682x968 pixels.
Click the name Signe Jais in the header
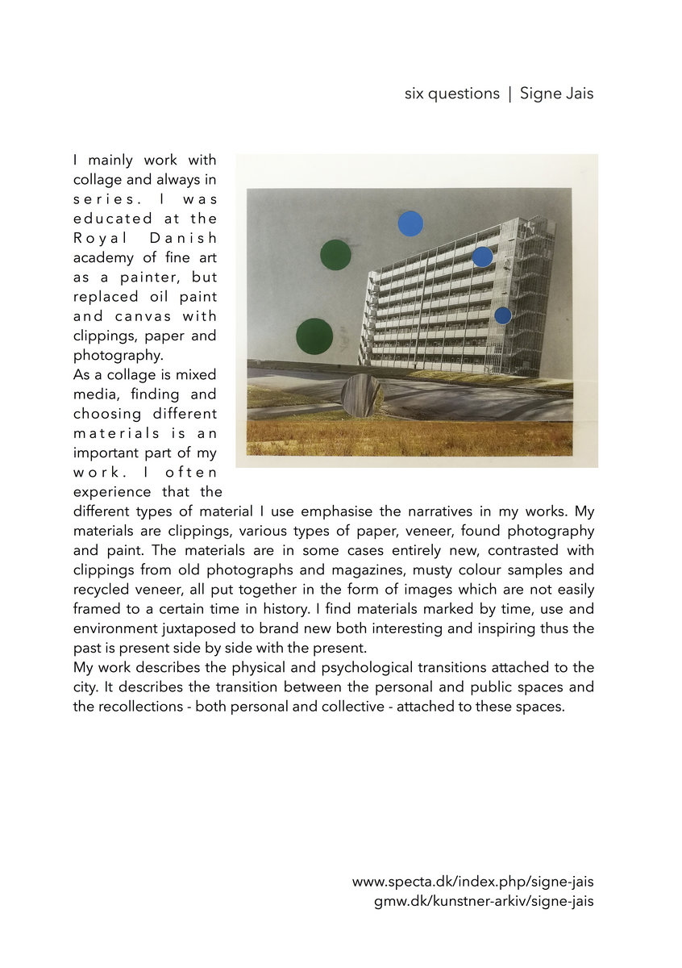point(556,94)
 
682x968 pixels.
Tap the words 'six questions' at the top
point(451,94)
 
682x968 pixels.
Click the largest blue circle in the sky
point(410,223)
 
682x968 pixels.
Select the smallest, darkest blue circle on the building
point(502,315)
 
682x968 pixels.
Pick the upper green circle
point(335,255)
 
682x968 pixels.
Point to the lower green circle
point(314,336)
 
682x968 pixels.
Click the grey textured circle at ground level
point(362,395)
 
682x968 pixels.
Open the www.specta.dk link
point(472,882)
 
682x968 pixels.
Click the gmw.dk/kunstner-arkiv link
point(484,901)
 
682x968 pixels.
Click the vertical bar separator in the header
point(509,94)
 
